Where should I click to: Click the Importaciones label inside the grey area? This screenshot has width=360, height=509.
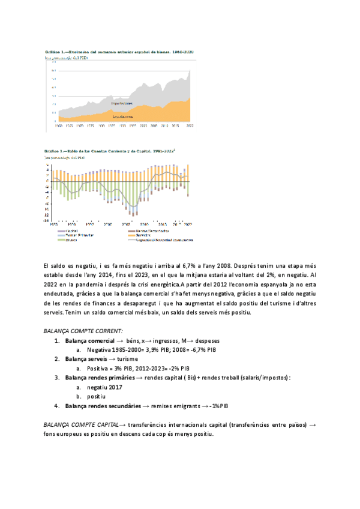point(124,103)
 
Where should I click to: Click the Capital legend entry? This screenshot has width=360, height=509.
point(72,230)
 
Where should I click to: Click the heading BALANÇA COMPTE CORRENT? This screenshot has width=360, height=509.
point(83,331)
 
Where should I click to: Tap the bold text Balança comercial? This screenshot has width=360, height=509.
point(90,340)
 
